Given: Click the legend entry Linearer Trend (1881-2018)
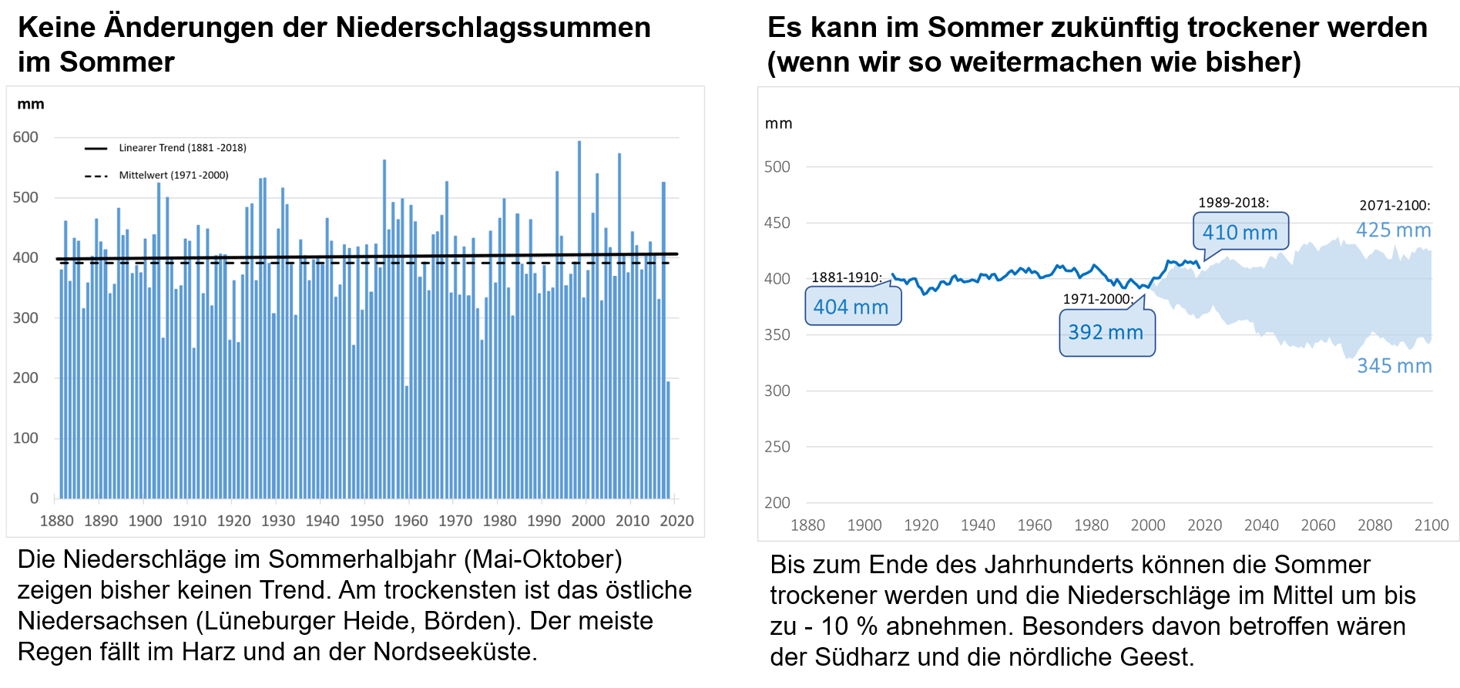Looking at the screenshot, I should click(182, 148).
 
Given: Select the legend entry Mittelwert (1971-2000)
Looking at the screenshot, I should click(173, 176).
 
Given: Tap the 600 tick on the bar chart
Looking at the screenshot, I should click(25, 137).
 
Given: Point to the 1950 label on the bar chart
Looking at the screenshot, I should click(367, 521).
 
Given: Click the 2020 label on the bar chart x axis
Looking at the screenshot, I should click(676, 521).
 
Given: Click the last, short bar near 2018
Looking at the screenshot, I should click(668, 439).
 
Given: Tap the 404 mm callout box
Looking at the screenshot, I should click(852, 307).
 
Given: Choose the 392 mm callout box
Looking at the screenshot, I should click(1106, 333).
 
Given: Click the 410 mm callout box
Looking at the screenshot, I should click(1240, 232).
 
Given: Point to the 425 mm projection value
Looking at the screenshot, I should click(1393, 230).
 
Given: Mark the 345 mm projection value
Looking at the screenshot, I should click(1394, 366).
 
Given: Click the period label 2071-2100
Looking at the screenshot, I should click(1395, 206).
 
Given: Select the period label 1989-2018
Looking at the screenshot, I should click(1233, 203).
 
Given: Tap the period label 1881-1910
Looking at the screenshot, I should click(846, 277).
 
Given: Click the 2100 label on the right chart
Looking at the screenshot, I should click(1431, 525).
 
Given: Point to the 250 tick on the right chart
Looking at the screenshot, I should click(777, 447).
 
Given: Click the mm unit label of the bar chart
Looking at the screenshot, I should click(31, 105).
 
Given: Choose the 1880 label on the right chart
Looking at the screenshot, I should click(807, 525).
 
